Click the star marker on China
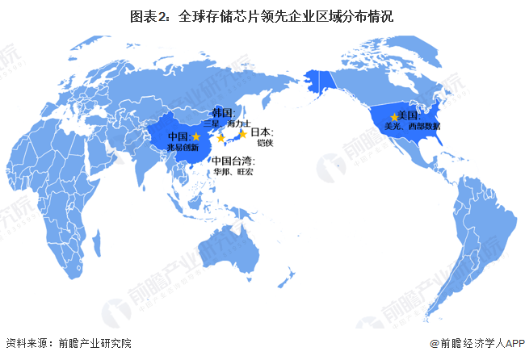(x=196, y=137)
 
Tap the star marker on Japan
(x=242, y=134)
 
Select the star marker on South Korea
(x=221, y=139)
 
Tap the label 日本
(x=260, y=132)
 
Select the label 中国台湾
(x=233, y=161)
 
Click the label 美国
(x=409, y=117)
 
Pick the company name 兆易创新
(x=183, y=148)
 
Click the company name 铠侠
(x=266, y=143)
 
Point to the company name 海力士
(x=240, y=123)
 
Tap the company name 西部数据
(x=424, y=127)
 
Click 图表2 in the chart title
(x=151, y=15)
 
